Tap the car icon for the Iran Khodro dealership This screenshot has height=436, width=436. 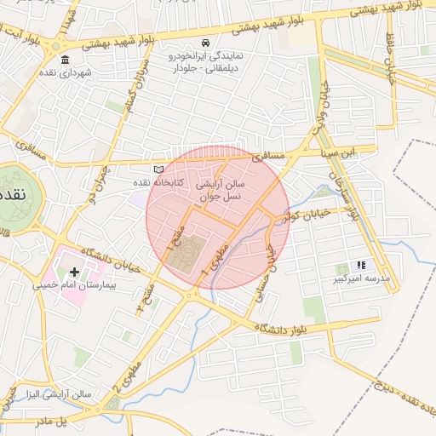(x=205, y=43)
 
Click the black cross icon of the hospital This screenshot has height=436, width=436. (x=75, y=272)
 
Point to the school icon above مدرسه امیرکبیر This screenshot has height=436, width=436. (x=361, y=266)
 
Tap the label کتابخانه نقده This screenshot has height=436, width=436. (x=131, y=183)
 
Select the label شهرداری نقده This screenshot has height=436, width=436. (x=66, y=72)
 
